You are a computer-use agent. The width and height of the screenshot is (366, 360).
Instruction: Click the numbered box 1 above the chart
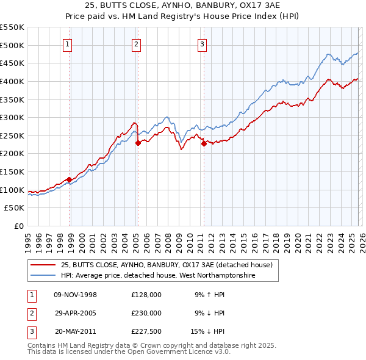coord(66,43)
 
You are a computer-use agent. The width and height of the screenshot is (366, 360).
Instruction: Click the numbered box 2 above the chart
coord(136,43)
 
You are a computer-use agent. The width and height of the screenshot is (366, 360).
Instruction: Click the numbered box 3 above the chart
coord(202,43)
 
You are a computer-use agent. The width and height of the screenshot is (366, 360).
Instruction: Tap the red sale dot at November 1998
coord(69,179)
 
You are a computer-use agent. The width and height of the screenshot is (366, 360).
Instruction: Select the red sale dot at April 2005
coord(138,143)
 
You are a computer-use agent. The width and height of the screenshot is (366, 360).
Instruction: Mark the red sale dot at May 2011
coord(204,143)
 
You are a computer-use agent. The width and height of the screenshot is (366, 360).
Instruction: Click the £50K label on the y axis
coord(15,208)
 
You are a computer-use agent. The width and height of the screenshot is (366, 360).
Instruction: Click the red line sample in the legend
coord(43,265)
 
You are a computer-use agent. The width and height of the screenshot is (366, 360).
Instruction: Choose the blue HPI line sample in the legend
coord(43,276)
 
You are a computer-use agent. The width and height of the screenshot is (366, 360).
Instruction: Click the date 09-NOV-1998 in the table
coord(75,295)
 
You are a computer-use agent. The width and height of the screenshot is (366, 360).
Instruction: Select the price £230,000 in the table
coord(146,313)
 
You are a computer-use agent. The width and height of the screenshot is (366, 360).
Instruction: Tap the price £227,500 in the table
coord(146,331)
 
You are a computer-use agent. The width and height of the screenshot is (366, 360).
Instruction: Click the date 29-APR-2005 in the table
coord(75,313)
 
